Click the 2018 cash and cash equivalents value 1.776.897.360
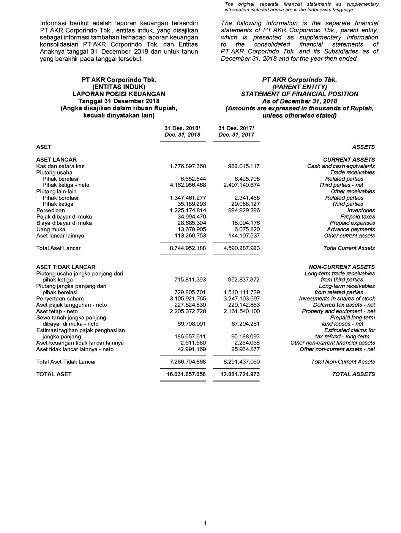pyautogui.click(x=188, y=166)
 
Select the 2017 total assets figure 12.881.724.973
pyautogui.click(x=242, y=374)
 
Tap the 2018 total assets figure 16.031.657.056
pyautogui.click(x=186, y=374)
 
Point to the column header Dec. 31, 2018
pyautogui.click(x=182, y=135)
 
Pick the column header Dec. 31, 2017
pyautogui.click(x=236, y=135)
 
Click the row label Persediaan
pyautogui.click(x=51, y=210)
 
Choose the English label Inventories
pyautogui.click(x=361, y=210)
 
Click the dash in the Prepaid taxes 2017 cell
pyautogui.click(x=258, y=217)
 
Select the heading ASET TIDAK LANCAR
pyautogui.click(x=66, y=267)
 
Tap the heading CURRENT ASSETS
pyautogui.click(x=349, y=160)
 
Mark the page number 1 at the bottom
pyautogui.click(x=205, y=524)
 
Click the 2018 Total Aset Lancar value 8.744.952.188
pyautogui.click(x=188, y=248)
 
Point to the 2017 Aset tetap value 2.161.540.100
pyautogui.click(x=242, y=311)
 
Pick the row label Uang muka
pyautogui.click(x=51, y=229)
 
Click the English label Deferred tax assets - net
pyautogui.click(x=344, y=305)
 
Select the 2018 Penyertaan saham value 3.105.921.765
pyautogui.click(x=188, y=299)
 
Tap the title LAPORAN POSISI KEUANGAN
pyautogui.click(x=119, y=94)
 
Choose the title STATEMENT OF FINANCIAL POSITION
pyautogui.click(x=300, y=94)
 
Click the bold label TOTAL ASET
pyautogui.click(x=54, y=374)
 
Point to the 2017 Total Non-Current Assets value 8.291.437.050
pyautogui.click(x=242, y=362)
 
